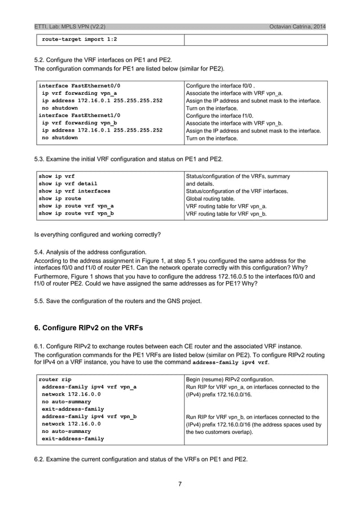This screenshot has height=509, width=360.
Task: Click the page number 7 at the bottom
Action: coord(179,484)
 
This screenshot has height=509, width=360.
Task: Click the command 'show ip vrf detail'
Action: coord(68,183)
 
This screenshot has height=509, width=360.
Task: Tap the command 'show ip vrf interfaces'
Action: coord(74,191)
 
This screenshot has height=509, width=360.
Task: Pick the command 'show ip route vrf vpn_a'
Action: coord(76,207)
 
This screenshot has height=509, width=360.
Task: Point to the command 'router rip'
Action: coord(55,379)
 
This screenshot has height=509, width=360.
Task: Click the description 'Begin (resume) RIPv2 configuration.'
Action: coord(238,379)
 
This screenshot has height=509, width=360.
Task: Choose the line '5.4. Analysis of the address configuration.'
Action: coord(90,252)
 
